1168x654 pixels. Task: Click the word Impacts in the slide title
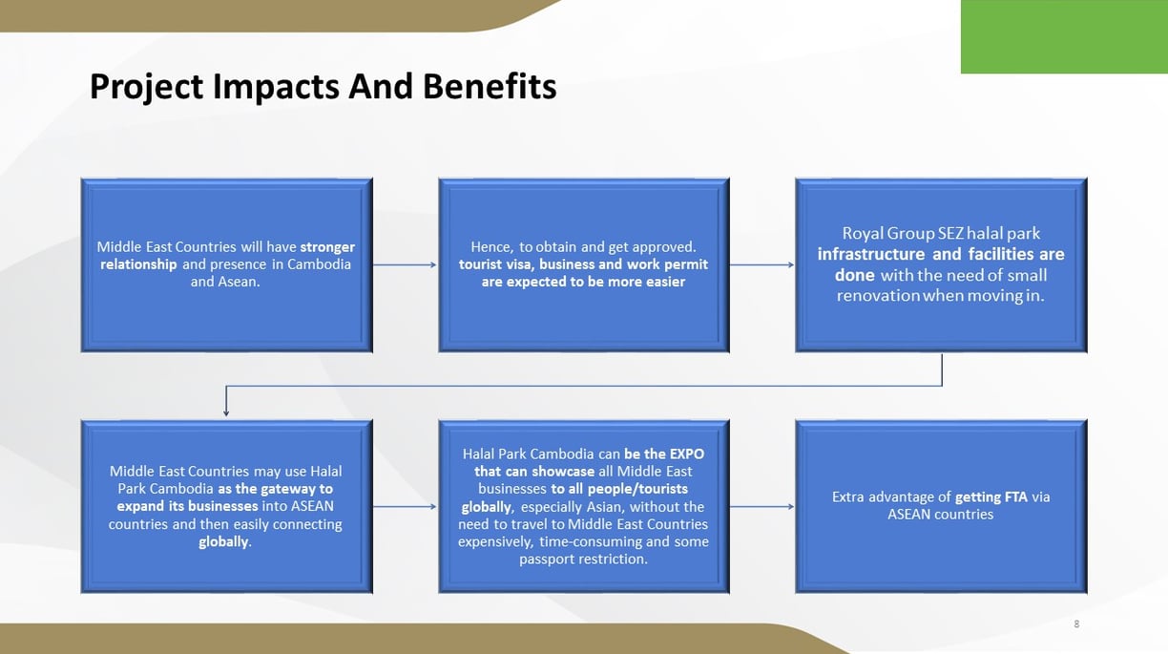click(x=277, y=87)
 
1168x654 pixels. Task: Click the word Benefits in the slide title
click(x=490, y=86)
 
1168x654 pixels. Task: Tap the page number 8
click(x=1076, y=623)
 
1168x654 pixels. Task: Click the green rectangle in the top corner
click(x=1064, y=36)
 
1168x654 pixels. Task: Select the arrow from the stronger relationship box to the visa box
click(x=405, y=264)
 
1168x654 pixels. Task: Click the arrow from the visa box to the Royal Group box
click(x=761, y=264)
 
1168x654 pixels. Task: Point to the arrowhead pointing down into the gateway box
click(x=226, y=412)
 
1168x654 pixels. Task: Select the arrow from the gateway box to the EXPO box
click(x=405, y=506)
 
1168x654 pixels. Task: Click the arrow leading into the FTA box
click(x=761, y=506)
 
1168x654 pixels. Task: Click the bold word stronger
click(x=327, y=247)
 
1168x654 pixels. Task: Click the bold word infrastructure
click(x=871, y=254)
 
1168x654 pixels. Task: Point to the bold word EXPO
click(x=687, y=454)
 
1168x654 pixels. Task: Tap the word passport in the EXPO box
click(x=544, y=559)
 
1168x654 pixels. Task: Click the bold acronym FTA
click(x=1016, y=497)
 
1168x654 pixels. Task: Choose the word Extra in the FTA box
click(x=848, y=497)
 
